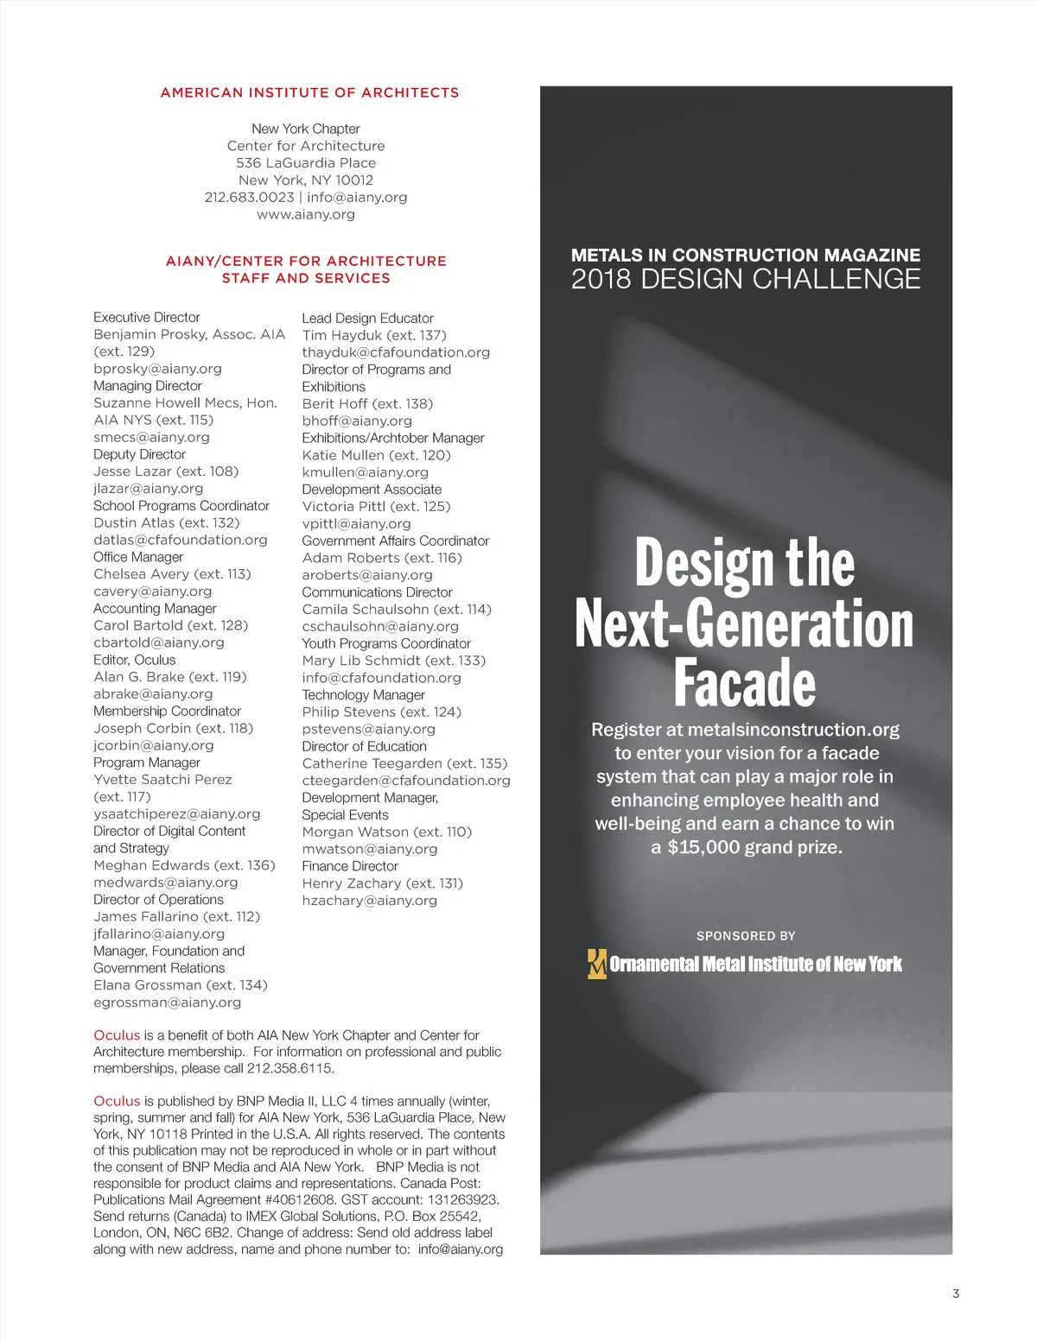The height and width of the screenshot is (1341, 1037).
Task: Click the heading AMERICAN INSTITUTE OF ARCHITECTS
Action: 309,92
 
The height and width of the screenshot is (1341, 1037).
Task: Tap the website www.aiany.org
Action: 306,214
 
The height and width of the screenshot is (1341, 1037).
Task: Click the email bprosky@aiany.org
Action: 157,369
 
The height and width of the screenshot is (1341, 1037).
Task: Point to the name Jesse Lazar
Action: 133,471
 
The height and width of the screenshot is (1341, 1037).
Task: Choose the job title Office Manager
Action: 138,557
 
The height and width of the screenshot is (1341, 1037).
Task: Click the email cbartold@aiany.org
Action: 158,642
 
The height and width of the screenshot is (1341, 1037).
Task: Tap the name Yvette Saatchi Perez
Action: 162,780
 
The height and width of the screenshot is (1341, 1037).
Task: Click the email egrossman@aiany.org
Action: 167,1003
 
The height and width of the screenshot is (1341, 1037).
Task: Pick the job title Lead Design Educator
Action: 367,319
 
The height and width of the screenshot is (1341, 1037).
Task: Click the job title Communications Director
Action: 377,592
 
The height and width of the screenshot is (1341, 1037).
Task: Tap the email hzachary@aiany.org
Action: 369,901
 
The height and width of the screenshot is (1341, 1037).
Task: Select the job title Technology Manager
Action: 363,695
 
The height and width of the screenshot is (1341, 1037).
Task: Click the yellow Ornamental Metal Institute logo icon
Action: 596,964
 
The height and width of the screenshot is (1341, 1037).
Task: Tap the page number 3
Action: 956,1294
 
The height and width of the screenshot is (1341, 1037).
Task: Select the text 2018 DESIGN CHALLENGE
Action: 746,279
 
